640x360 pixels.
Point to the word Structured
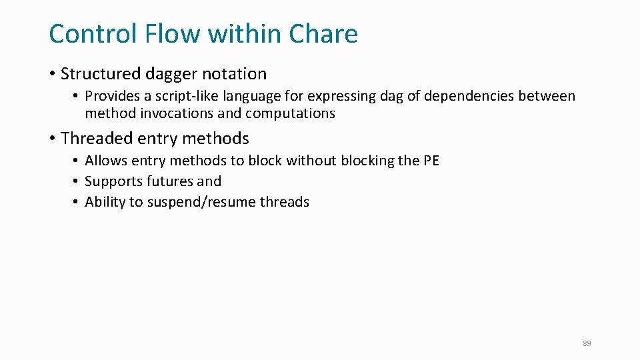97,74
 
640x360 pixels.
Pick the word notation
231,74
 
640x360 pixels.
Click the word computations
290,114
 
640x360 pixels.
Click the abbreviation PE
431,161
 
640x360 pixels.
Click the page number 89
587,343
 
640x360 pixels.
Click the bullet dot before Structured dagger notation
52,74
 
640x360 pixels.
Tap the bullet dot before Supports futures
77,181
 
